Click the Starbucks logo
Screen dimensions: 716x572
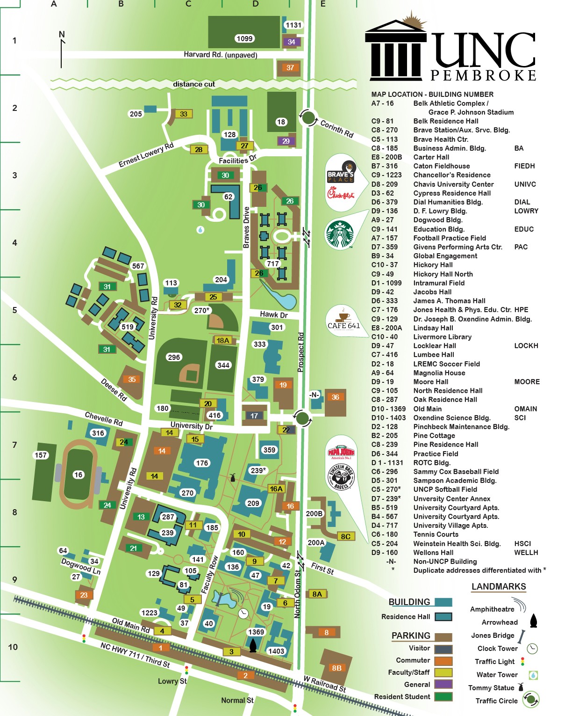(x=340, y=234)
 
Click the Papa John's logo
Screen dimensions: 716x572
(x=341, y=452)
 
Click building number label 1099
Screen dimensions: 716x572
(x=244, y=38)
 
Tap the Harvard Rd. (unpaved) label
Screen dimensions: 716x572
(x=220, y=55)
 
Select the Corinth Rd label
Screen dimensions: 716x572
(x=336, y=129)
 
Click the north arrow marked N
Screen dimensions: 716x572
(x=62, y=49)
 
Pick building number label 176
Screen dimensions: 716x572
(x=202, y=463)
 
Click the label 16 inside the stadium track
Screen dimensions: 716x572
(x=78, y=475)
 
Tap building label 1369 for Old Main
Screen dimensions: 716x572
(x=256, y=632)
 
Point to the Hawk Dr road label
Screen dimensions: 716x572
(x=274, y=314)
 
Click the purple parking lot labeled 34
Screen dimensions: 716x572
(x=291, y=42)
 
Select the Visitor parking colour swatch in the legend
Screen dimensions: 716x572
(x=443, y=649)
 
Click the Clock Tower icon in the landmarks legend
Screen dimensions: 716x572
(x=532, y=649)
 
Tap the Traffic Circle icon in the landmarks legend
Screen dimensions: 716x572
(x=530, y=700)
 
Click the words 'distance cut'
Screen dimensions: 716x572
(x=194, y=84)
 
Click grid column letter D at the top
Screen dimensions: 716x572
(x=256, y=4)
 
